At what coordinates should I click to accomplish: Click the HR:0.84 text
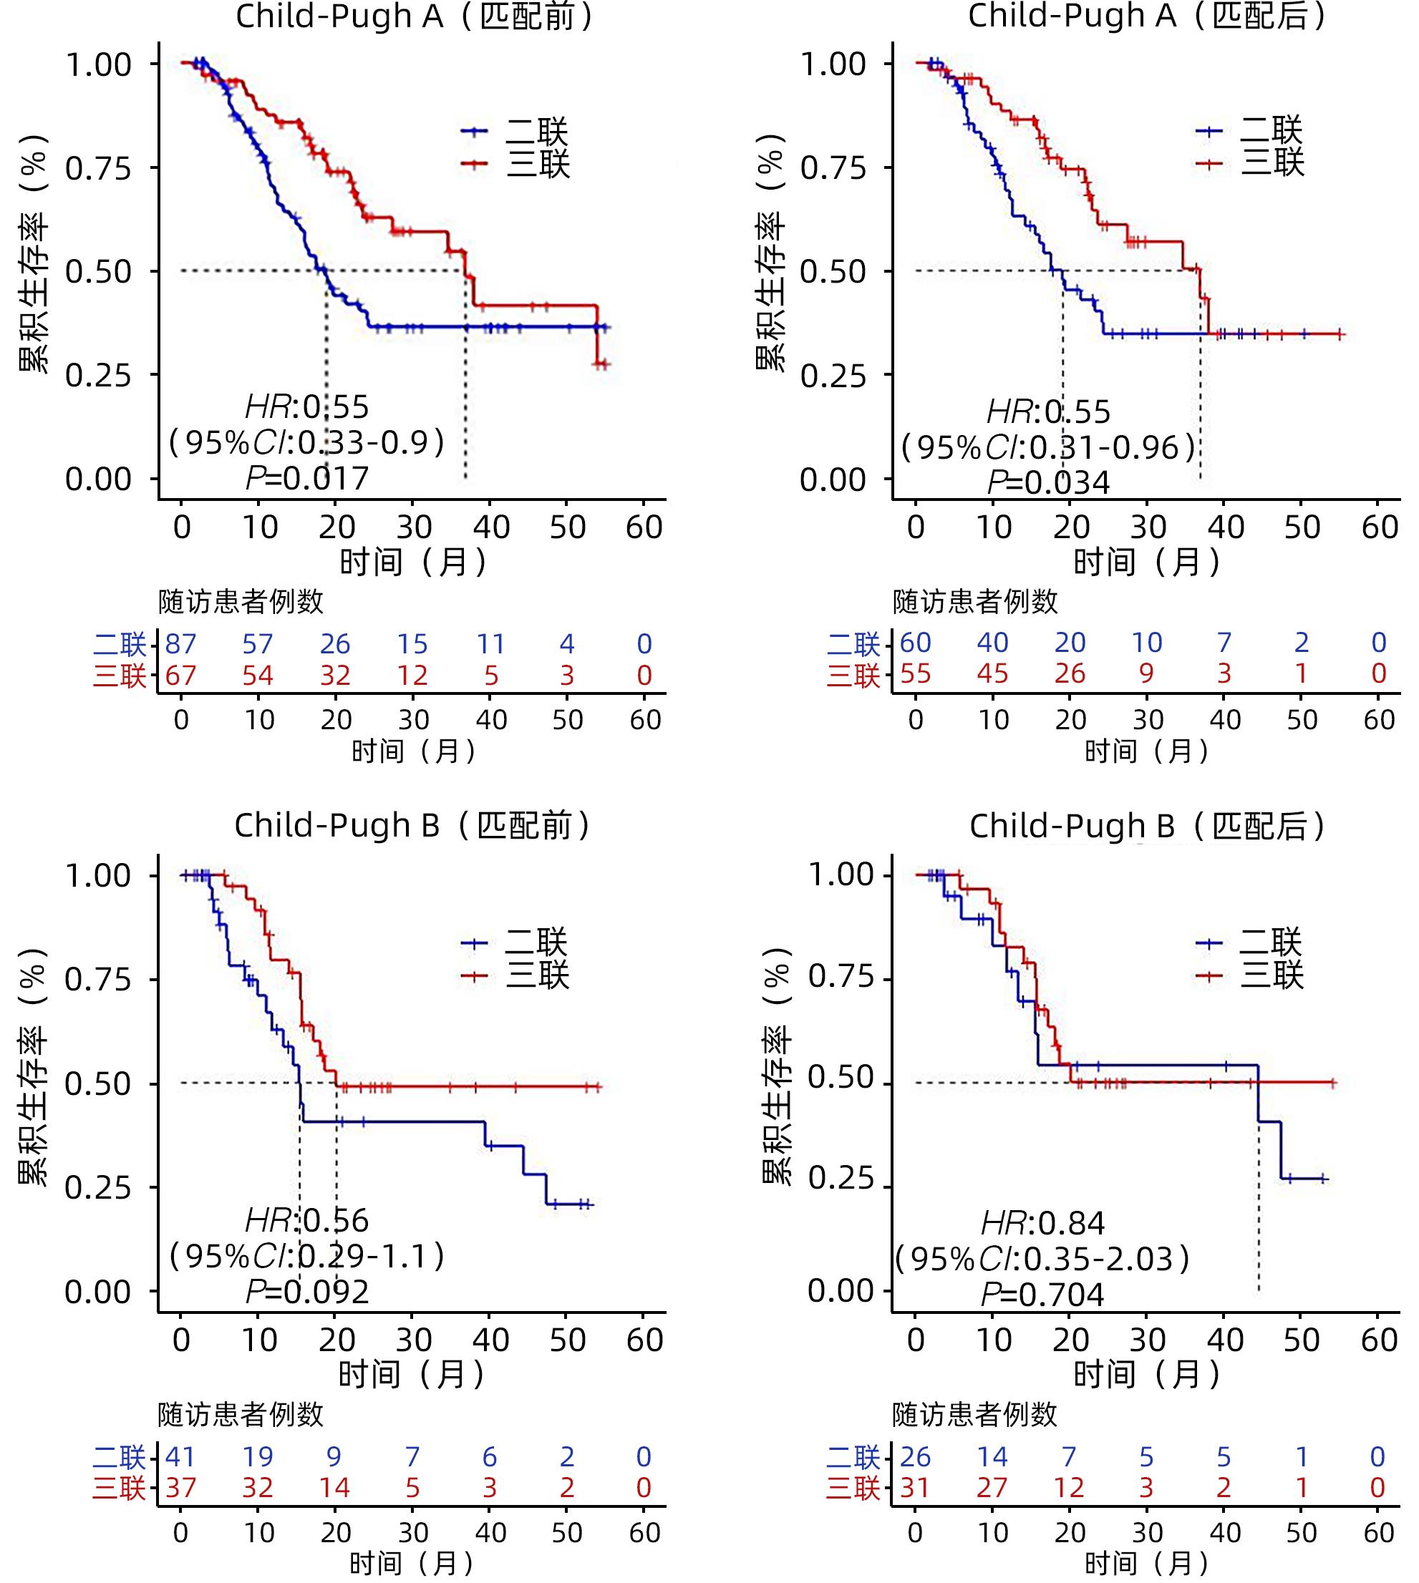tap(1042, 1224)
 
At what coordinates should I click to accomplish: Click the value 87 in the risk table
tap(181, 644)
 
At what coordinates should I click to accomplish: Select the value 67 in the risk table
tap(181, 675)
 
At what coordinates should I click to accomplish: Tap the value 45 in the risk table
tap(992, 673)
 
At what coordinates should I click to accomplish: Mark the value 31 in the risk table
tap(915, 1488)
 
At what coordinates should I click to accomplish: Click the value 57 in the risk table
tap(258, 644)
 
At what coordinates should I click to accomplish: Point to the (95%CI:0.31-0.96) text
tap(1048, 447)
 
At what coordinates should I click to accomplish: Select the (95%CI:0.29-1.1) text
tap(307, 1257)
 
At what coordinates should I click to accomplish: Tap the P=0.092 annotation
tap(307, 1292)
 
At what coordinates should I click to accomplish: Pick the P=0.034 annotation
tap(1048, 483)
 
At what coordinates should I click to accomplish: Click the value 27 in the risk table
tap(992, 1488)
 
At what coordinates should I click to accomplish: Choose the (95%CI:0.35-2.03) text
tap(1042, 1260)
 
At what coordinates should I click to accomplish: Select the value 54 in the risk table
tap(258, 675)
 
